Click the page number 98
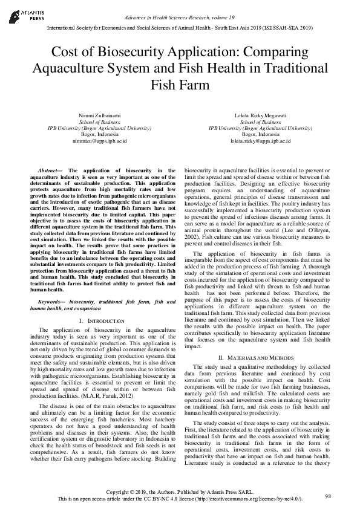pyautogui.click(x=328, y=496)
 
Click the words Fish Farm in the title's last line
pyautogui.click(x=180, y=84)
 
